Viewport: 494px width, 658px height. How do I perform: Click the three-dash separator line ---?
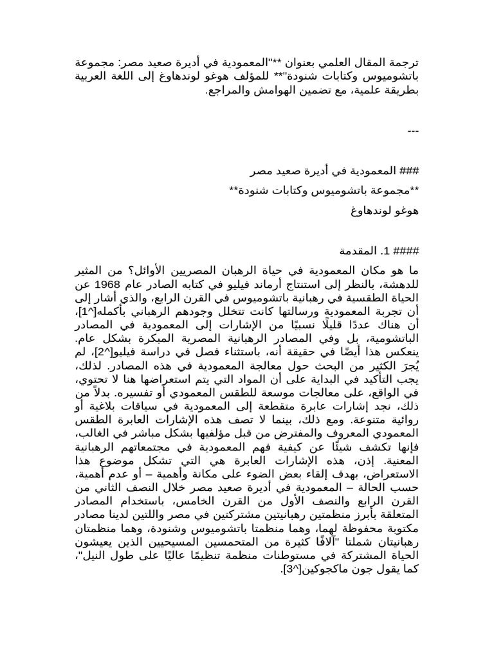414,132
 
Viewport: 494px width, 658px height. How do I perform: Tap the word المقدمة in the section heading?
360,249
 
